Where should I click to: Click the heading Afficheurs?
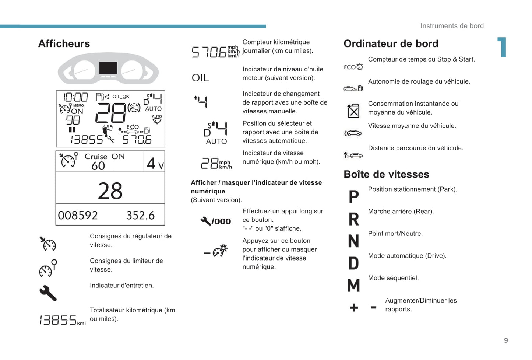[x=64, y=44]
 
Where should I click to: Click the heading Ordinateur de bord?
[x=391, y=44]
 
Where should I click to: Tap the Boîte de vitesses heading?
[x=387, y=174]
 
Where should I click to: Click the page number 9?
[x=506, y=340]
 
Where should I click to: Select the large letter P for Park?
[x=354, y=196]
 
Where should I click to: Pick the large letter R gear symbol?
[x=354, y=219]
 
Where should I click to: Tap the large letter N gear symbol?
[x=354, y=241]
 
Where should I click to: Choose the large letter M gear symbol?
[x=354, y=285]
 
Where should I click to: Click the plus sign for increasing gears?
[x=354, y=307]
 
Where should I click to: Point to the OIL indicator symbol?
[x=200, y=78]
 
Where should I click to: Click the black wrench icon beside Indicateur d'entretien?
[x=48, y=293]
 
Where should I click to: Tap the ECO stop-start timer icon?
[x=353, y=67]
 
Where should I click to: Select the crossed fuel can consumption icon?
[x=353, y=111]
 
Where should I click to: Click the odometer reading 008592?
[x=78, y=215]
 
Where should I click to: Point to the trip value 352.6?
[x=140, y=215]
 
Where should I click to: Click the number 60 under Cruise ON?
[x=98, y=166]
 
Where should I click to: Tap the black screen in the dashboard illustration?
[x=108, y=68]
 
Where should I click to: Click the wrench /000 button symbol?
[x=216, y=221]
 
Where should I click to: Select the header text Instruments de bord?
[x=452, y=26]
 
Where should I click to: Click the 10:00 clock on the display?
[x=75, y=97]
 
